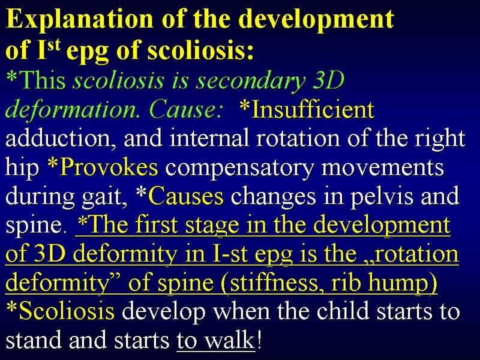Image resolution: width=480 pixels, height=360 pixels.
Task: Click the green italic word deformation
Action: coord(71,110)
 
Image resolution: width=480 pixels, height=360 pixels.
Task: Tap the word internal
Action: coord(209,139)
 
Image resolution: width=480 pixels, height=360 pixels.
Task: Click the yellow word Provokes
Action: coord(109,167)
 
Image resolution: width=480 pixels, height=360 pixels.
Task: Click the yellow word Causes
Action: coord(186,196)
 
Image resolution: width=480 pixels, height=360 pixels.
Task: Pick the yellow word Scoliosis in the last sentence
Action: coord(67,311)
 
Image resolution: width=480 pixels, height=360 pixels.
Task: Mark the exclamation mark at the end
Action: coord(259,340)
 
